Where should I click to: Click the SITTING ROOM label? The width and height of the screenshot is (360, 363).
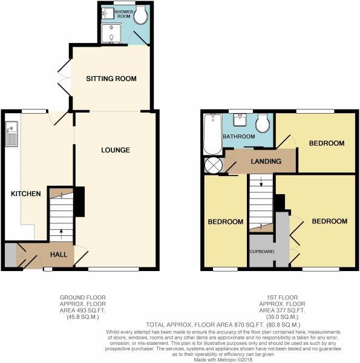coord(111,79)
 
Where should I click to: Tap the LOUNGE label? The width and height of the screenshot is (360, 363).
coord(116,149)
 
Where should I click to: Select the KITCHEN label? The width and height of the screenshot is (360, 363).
coord(25,194)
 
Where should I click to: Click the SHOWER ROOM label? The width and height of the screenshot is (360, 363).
coord(114,14)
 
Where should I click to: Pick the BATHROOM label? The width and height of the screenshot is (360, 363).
coord(238,137)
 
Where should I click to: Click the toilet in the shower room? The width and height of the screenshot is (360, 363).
coord(141,13)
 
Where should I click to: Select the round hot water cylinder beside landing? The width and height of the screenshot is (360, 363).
coord(213,165)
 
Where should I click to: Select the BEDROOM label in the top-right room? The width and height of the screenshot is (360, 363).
coord(326,143)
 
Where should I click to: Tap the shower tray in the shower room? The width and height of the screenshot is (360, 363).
coord(111,36)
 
